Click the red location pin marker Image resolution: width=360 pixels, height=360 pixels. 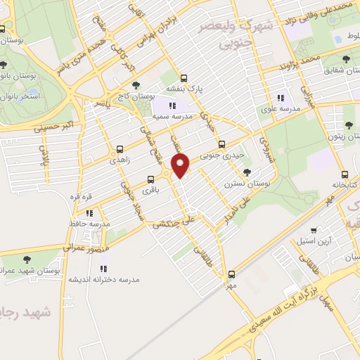click(x=181, y=165)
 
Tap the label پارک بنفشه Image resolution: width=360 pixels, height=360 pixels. click(x=185, y=89)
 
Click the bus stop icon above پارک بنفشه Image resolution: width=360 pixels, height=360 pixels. click(x=184, y=78)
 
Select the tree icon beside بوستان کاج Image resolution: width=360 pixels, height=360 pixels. click(x=136, y=84)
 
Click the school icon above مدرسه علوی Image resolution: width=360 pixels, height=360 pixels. click(x=281, y=98)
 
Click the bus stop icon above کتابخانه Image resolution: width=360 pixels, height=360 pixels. click(x=344, y=174)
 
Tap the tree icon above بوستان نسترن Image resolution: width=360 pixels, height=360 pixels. click(x=246, y=172)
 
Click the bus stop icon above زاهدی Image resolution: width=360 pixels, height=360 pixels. click(x=120, y=149)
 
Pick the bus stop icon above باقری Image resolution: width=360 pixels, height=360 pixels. click(x=150, y=179)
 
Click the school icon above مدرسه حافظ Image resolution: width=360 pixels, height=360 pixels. click(x=89, y=212)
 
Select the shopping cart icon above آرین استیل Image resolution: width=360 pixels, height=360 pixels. click(x=314, y=230)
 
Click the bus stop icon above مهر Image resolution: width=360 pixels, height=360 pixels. click(x=232, y=275)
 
